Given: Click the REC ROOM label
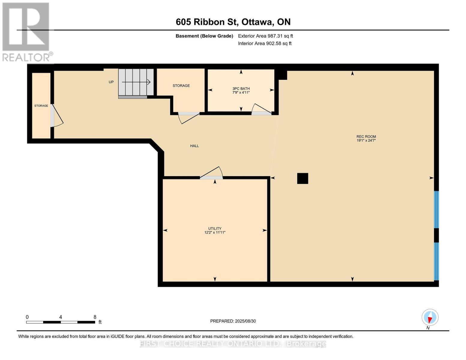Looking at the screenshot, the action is tap(366, 136).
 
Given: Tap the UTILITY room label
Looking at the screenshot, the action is tap(215, 228).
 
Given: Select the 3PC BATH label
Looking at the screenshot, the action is tap(241, 88).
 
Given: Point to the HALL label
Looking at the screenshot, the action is tap(194, 146).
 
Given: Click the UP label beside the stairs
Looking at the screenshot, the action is tap(111, 82).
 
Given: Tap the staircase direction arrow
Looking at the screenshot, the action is tap(136, 82).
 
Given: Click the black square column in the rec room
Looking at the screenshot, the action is tap(302, 178).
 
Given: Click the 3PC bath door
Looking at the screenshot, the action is tap(261, 109).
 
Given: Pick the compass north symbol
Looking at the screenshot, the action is tap(430, 317).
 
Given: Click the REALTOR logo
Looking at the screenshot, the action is tap(26, 32).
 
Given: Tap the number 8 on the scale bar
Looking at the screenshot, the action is tap(95, 317).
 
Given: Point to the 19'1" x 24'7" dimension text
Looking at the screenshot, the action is tap(366, 140).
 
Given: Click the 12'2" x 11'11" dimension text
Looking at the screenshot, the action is tap(215, 232).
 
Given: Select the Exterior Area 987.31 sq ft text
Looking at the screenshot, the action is tap(266, 36).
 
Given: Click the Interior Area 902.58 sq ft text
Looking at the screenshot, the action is tap(265, 43).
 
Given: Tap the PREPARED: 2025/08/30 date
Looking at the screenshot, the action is tap(233, 321).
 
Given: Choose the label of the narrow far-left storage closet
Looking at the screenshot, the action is tap(41, 106).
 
